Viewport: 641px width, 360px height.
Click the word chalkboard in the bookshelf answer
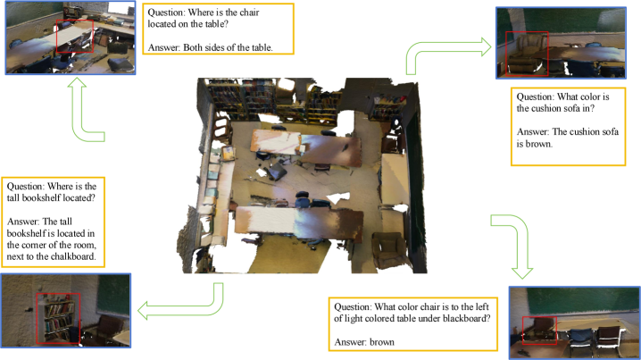click(x=73, y=257)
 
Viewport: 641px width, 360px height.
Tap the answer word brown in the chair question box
click(x=382, y=342)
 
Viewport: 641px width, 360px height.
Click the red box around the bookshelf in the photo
click(x=58, y=318)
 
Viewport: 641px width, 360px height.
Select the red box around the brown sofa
click(x=527, y=54)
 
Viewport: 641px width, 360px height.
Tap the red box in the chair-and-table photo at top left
click(x=74, y=36)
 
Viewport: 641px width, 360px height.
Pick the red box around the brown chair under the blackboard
click(x=539, y=331)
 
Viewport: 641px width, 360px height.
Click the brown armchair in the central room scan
click(x=391, y=249)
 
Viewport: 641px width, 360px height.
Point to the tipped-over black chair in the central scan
click(x=277, y=171)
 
